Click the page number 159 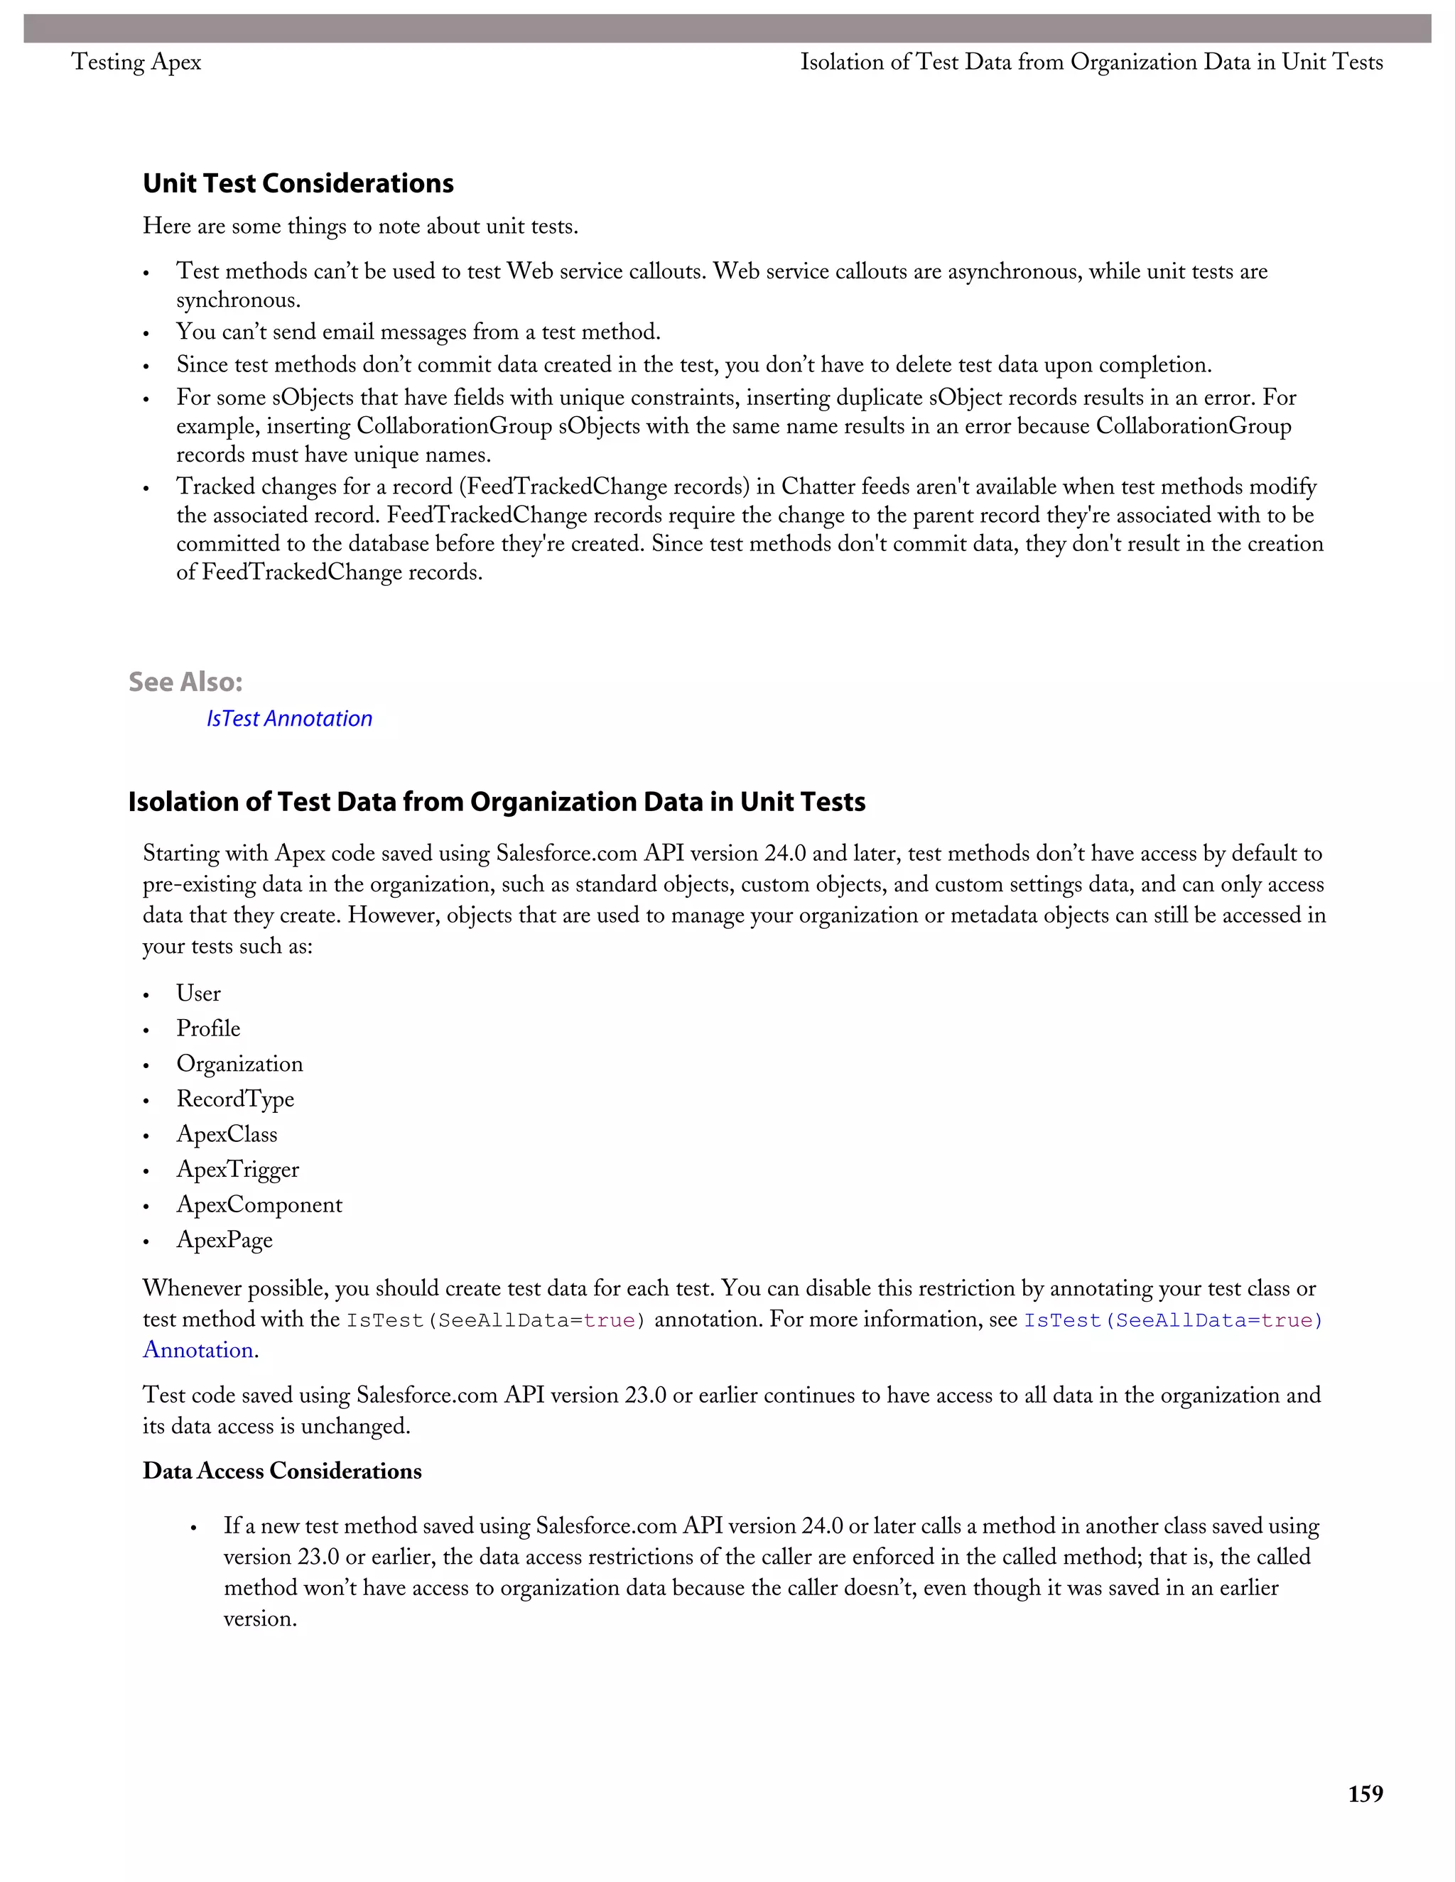[x=1365, y=1793]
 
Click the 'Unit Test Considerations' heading [x=298, y=183]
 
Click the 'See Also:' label [x=185, y=682]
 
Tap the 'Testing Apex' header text [x=136, y=62]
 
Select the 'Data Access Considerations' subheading [x=282, y=1471]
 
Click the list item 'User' [x=198, y=994]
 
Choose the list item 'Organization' [x=239, y=1065]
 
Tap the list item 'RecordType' [x=235, y=1099]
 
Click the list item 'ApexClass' [x=227, y=1135]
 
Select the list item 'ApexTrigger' [x=238, y=1170]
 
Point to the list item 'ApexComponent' [x=259, y=1204]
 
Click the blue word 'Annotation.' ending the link [x=200, y=1350]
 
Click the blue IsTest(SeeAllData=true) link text [x=1172, y=1320]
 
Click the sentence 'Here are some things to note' [x=360, y=227]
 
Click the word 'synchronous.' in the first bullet [x=238, y=300]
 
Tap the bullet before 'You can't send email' [x=146, y=334]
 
